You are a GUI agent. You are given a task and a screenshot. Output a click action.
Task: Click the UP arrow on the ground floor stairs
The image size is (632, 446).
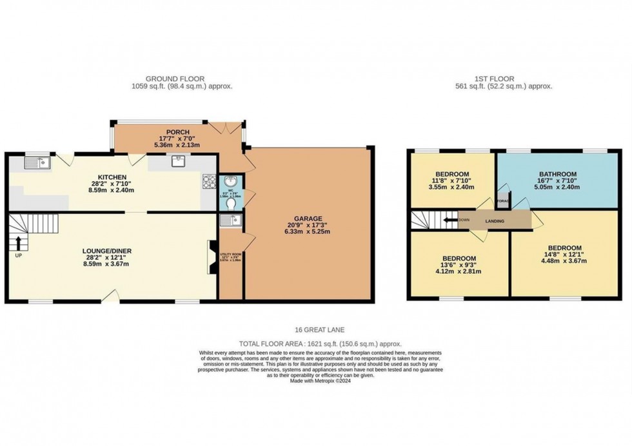[18, 243]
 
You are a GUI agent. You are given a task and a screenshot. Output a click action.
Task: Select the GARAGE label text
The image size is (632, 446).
[309, 218]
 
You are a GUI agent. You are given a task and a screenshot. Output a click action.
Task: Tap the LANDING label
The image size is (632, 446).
[495, 221]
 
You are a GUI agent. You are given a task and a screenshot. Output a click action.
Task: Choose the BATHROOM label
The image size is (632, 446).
[557, 174]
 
